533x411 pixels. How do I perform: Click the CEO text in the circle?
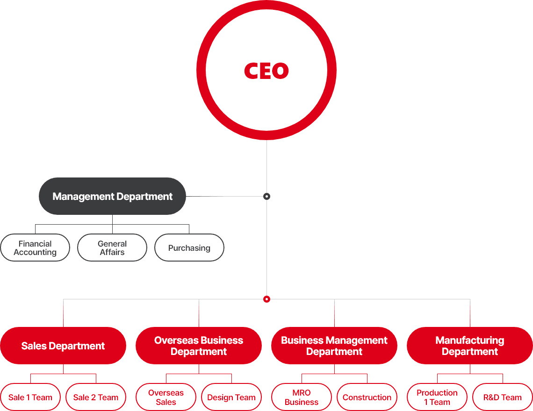click(x=266, y=71)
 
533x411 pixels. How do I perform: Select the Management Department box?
click(x=112, y=196)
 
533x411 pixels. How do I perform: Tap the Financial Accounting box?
click(x=35, y=248)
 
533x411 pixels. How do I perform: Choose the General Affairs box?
click(x=112, y=248)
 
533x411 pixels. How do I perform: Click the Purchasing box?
click(x=189, y=248)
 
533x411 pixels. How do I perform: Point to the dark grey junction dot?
click(x=266, y=196)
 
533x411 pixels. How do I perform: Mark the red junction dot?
click(x=266, y=299)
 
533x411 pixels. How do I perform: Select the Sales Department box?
click(x=63, y=346)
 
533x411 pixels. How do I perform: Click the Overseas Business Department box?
click(x=199, y=346)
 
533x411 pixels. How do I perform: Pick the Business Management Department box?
click(x=334, y=346)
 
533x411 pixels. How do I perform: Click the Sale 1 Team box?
click(x=30, y=397)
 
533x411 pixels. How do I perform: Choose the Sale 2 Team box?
click(x=96, y=397)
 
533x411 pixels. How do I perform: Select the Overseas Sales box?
click(x=166, y=397)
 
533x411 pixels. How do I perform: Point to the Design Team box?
click(x=231, y=397)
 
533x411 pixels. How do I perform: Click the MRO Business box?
click(x=302, y=397)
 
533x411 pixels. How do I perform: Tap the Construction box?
click(x=367, y=397)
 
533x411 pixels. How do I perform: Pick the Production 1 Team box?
click(x=437, y=397)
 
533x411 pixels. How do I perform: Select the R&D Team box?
click(x=503, y=397)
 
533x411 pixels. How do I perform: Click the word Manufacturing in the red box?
click(x=470, y=340)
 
